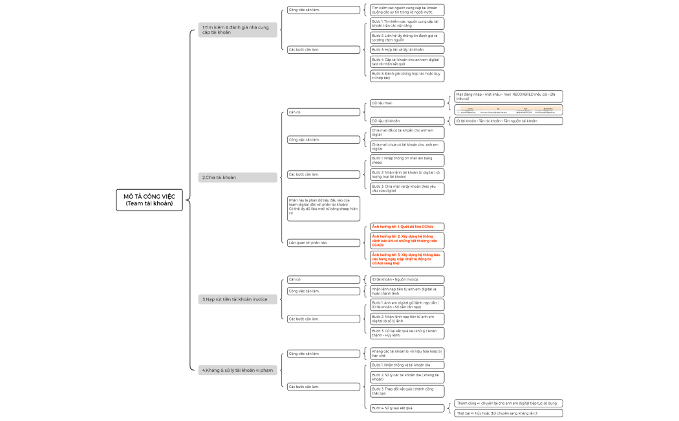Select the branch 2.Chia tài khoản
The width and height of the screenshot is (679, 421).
pyautogui.click(x=238, y=177)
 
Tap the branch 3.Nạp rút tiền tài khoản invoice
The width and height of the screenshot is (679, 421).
pyautogui.click(x=238, y=299)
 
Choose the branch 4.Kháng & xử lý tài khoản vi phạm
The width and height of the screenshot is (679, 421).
pyautogui.click(x=238, y=370)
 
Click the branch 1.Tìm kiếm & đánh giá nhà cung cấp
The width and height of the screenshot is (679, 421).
pyautogui.click(x=238, y=29)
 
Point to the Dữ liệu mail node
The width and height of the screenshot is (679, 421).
pyautogui.click(x=407, y=103)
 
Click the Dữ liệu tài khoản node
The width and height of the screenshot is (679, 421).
pyautogui.click(x=407, y=120)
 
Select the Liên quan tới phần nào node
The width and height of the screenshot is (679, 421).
pyautogui.click(x=323, y=243)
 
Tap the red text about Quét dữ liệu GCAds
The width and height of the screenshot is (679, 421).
pyautogui.click(x=407, y=227)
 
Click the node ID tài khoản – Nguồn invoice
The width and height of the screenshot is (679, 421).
pyautogui.click(x=407, y=280)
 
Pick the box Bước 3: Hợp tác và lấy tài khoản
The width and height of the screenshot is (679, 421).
pyautogui.click(x=407, y=49)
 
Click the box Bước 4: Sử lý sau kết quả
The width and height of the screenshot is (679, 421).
pyautogui.click(x=407, y=408)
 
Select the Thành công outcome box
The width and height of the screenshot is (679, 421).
pyautogui.click(x=509, y=403)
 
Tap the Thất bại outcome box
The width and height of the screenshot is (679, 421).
pyautogui.click(x=509, y=413)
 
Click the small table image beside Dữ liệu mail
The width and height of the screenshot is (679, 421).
pyautogui.click(x=509, y=109)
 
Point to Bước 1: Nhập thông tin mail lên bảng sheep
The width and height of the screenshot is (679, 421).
pyautogui.click(x=407, y=160)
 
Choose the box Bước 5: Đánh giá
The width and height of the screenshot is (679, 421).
pyautogui.click(x=407, y=76)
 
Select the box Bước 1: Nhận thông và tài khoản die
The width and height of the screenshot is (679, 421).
pyautogui.click(x=407, y=365)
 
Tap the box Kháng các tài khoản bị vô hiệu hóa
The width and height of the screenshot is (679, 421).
pyautogui.click(x=407, y=354)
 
